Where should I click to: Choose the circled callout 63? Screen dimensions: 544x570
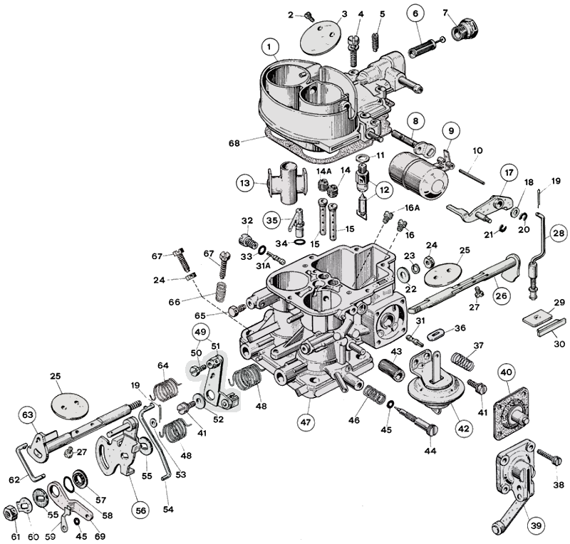[x=28, y=414]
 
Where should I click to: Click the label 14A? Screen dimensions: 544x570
[x=325, y=172]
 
